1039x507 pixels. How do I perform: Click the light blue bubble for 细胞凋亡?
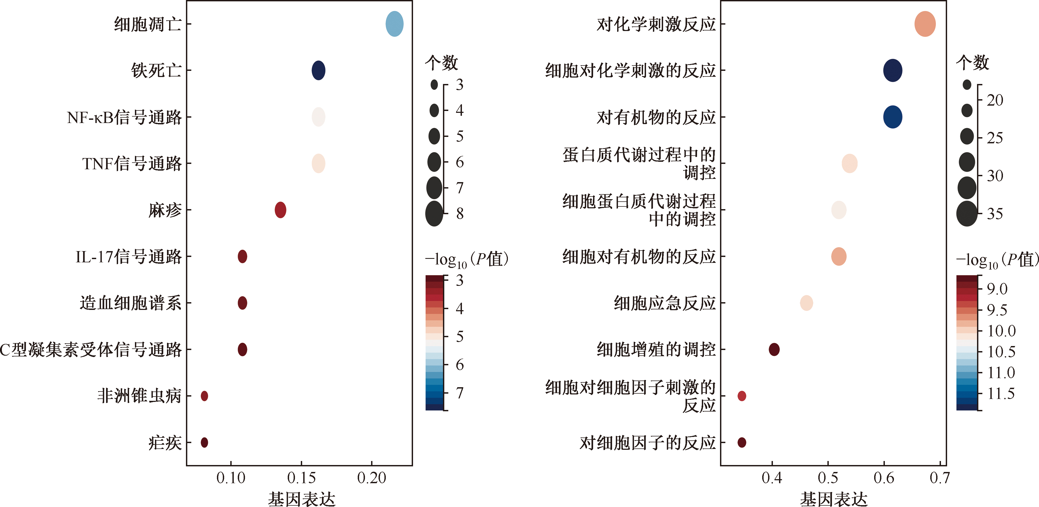pyautogui.click(x=394, y=24)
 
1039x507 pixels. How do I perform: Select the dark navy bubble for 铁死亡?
pyautogui.click(x=318, y=70)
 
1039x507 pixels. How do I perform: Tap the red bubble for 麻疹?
pyautogui.click(x=280, y=210)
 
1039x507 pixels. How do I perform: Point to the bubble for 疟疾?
pyautogui.click(x=204, y=442)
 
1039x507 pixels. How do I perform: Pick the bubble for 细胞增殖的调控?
pyautogui.click(x=774, y=349)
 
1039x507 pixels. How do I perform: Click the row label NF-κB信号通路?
pyautogui.click(x=124, y=117)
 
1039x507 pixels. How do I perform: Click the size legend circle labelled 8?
pyautogui.click(x=434, y=214)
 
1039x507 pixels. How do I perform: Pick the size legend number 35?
pyautogui.click(x=995, y=214)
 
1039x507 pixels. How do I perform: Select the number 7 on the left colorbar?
pyautogui.click(x=460, y=392)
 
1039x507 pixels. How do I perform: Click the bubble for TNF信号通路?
pyautogui.click(x=318, y=163)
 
